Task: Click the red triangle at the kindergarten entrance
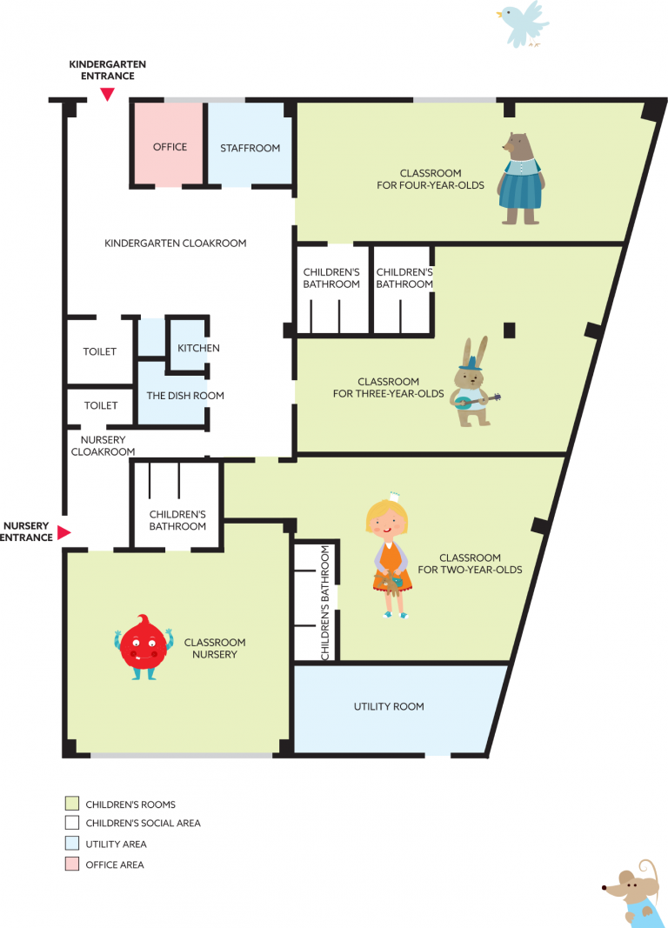pos(107,94)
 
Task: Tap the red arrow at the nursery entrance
pos(63,532)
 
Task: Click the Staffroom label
pos(250,148)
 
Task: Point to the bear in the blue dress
pos(521,179)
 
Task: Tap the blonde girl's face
pos(387,522)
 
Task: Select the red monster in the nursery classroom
pos(144,647)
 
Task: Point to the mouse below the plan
pos(634,894)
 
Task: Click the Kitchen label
pos(199,348)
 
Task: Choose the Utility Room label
pos(389,706)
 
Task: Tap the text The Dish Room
pos(185,396)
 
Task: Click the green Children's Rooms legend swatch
pos(72,803)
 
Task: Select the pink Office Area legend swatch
pos(72,865)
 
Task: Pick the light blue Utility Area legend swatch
pos(72,843)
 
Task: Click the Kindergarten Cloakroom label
pos(175,244)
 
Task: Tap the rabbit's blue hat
pos(471,362)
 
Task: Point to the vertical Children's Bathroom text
pos(324,603)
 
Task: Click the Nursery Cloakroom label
pos(103,445)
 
